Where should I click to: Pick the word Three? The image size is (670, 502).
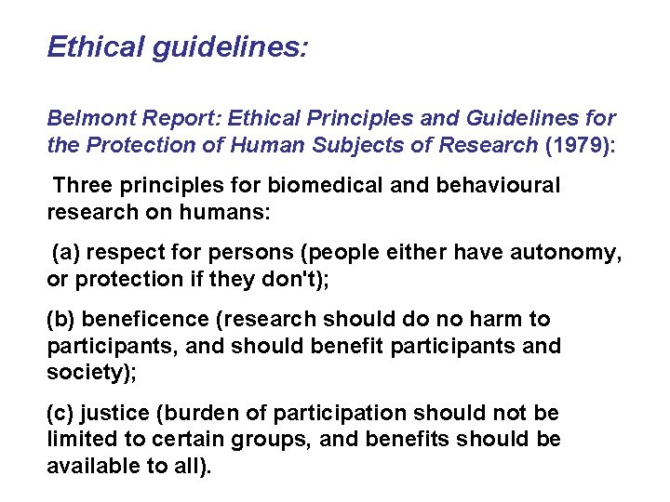coord(82,185)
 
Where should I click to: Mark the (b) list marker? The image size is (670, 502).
coord(61,319)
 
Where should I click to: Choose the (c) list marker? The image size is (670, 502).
coord(61,413)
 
